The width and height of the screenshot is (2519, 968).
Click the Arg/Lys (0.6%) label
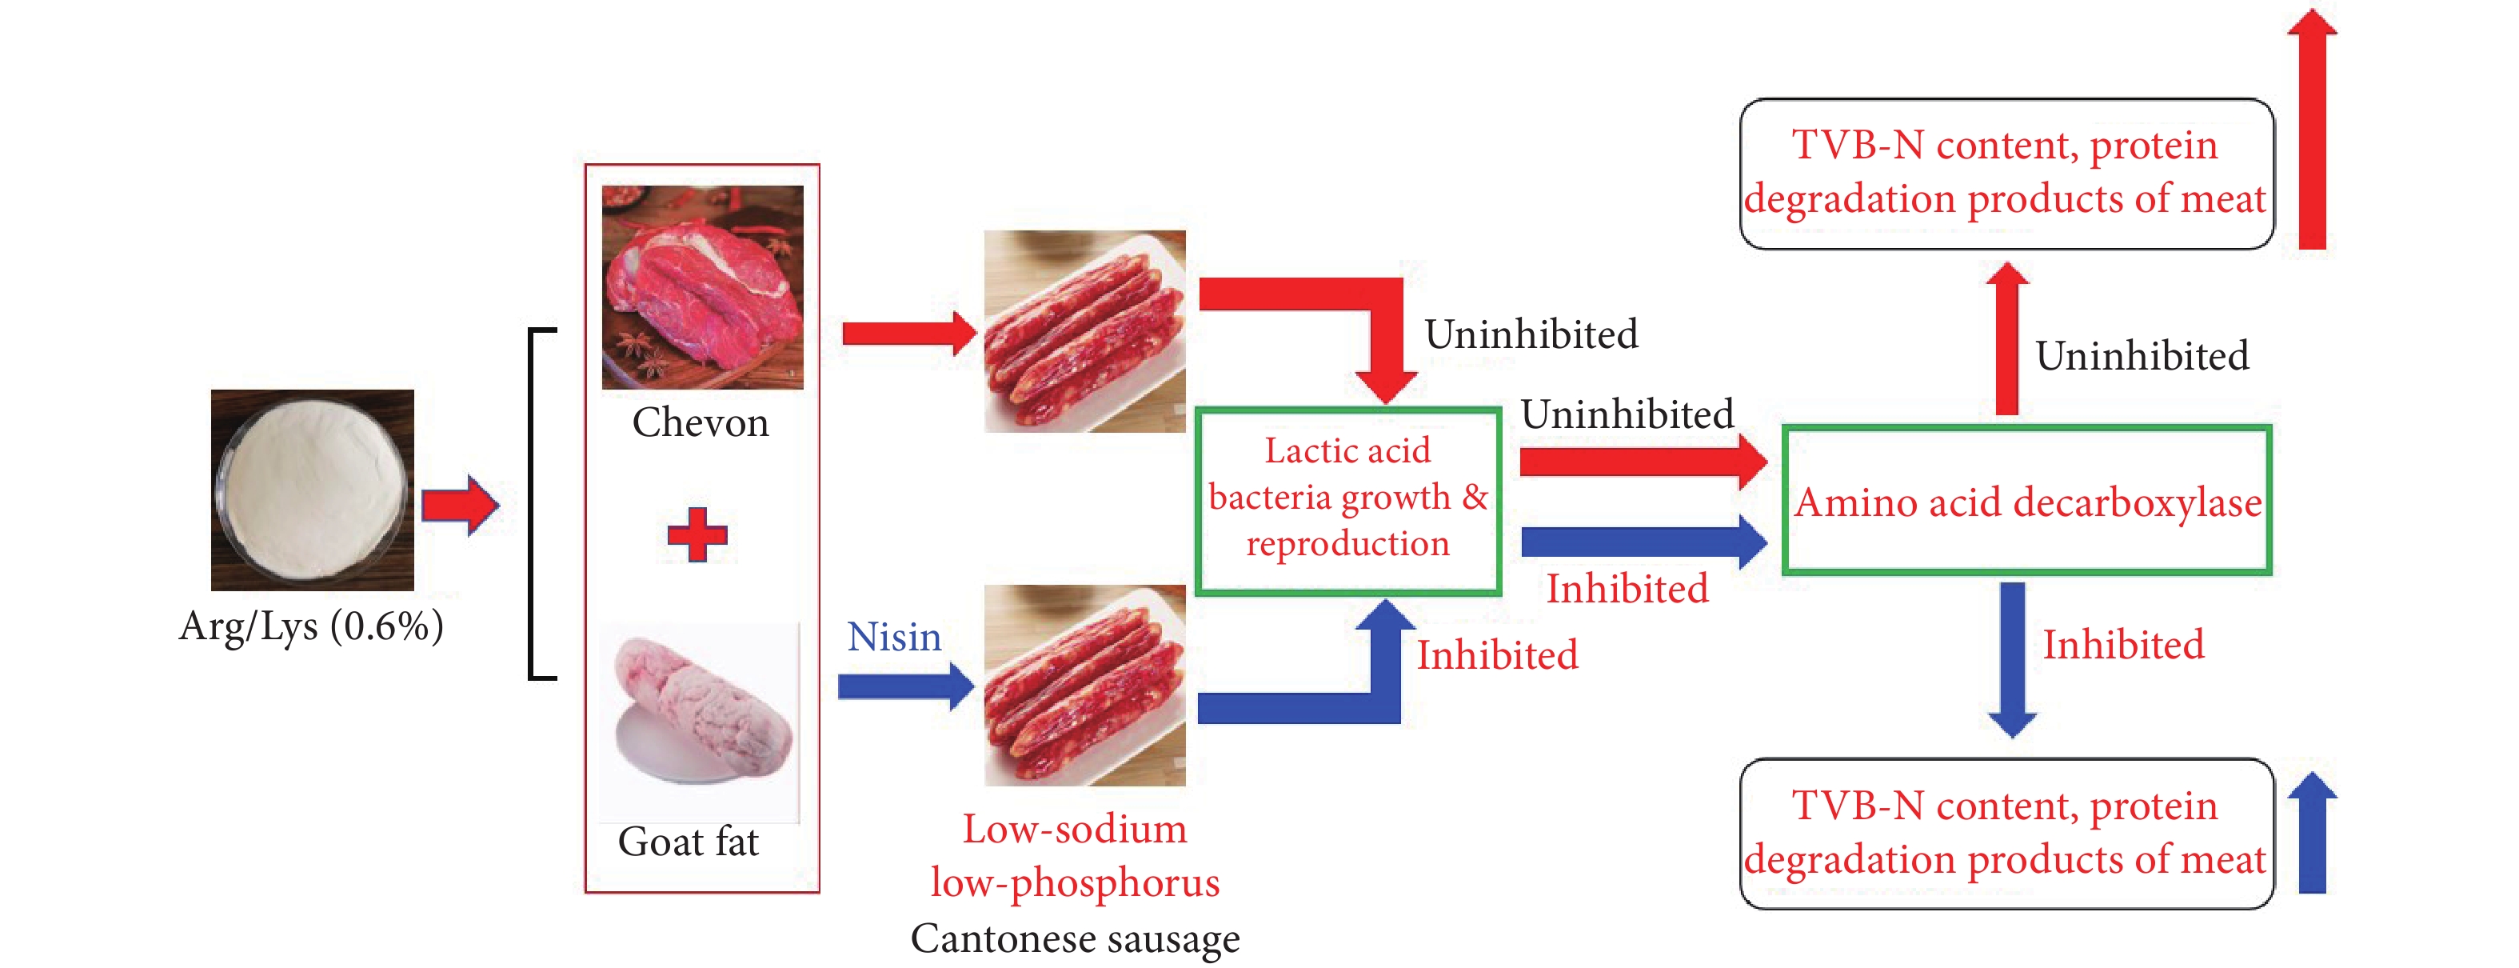pos(311,626)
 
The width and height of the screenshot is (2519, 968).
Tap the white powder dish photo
pos(312,490)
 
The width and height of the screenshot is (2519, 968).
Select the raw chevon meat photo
pos(702,287)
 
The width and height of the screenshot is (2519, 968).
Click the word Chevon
pos(701,423)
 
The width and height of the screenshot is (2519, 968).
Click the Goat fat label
pos(688,842)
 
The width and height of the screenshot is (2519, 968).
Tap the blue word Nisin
pos(894,638)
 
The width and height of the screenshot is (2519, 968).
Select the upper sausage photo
pos(1084,331)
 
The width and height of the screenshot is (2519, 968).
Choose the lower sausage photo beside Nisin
pos(1084,686)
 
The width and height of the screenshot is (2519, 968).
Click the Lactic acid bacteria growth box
pos(1347,500)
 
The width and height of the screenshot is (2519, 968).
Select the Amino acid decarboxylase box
pos(2026,501)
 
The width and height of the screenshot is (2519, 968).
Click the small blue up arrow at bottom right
pos(2312,833)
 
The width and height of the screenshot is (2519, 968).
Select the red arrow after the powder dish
pos(461,506)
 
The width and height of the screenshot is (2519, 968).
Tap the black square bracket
pos(541,503)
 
